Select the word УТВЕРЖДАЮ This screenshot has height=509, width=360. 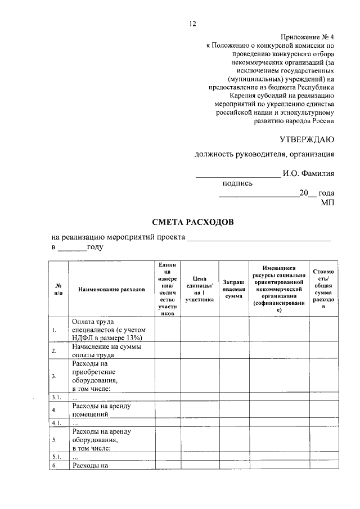(307, 138)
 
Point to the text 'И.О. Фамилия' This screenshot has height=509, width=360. (309, 173)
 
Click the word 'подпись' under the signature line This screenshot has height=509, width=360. (238, 183)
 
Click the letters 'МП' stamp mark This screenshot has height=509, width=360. (327, 202)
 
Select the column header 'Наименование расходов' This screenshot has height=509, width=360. (111, 289)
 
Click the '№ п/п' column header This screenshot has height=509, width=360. (58, 289)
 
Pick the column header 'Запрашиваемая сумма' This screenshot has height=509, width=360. (233, 289)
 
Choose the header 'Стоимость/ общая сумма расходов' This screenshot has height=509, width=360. (323, 289)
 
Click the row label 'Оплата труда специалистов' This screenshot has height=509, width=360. (107, 330)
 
